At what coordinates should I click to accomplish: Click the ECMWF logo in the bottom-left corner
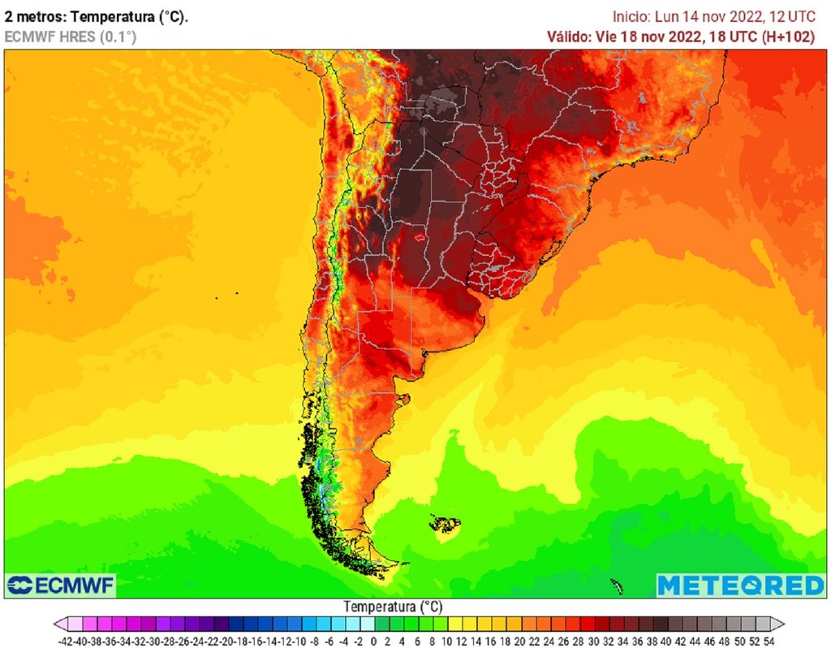click(x=61, y=585)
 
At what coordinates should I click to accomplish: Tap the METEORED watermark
click(x=740, y=585)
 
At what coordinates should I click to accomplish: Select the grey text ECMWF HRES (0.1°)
click(x=71, y=37)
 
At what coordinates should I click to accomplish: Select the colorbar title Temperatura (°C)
click(x=393, y=607)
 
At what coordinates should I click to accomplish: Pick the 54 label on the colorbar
click(x=768, y=641)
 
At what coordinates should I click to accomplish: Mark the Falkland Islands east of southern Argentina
click(x=445, y=525)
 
